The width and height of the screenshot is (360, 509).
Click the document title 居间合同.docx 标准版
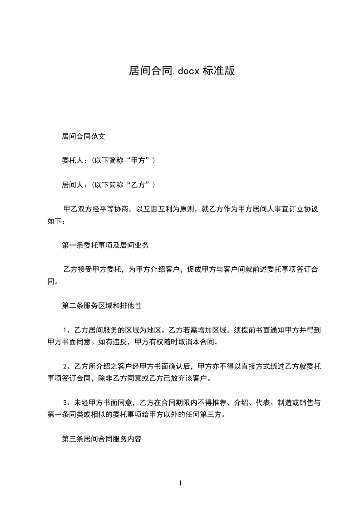click(x=182, y=71)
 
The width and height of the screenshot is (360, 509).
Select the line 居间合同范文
click(x=84, y=136)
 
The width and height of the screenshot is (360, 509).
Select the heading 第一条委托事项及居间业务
click(x=105, y=245)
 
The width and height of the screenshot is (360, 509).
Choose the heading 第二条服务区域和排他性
click(x=102, y=306)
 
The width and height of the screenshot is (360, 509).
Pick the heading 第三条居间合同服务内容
click(x=102, y=440)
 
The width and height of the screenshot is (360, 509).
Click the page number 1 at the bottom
click(x=180, y=483)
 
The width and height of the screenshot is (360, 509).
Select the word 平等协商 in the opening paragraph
click(x=113, y=209)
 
